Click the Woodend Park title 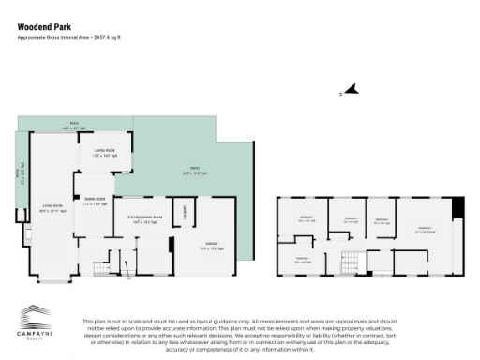(45, 26)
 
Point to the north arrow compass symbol (351, 89)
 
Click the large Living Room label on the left (52, 208)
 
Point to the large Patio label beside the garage (188, 172)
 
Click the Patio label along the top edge (72, 126)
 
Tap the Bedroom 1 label (303, 261)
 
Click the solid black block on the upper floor (457, 207)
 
